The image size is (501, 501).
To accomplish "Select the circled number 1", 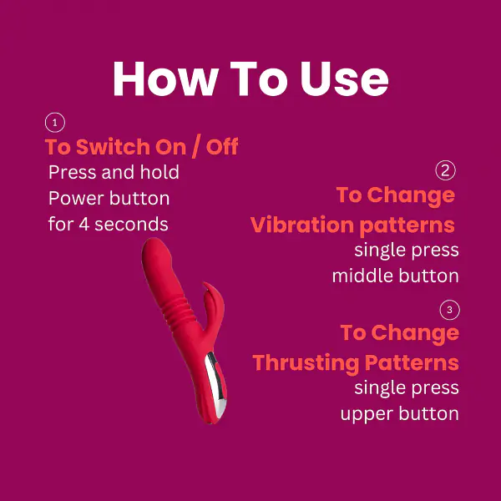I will pyautogui.click(x=54, y=124).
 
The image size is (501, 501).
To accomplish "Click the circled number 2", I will pyautogui.click(x=446, y=171).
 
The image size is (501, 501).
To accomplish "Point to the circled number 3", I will pyautogui.click(x=449, y=311).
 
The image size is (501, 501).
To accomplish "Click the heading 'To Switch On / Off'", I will pyautogui.click(x=141, y=148).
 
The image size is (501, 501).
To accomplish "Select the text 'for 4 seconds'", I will pyautogui.click(x=108, y=224).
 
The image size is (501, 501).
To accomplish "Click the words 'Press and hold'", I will pyautogui.click(x=114, y=173).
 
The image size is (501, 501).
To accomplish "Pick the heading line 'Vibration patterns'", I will pyautogui.click(x=352, y=225).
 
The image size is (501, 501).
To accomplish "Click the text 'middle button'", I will pyautogui.click(x=395, y=276).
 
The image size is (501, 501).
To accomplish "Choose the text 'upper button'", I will pyautogui.click(x=399, y=413).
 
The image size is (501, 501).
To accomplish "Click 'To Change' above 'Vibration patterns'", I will pyautogui.click(x=395, y=195).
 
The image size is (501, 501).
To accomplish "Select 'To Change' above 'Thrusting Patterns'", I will pyautogui.click(x=399, y=332).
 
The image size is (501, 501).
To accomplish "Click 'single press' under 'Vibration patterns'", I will pyautogui.click(x=406, y=250).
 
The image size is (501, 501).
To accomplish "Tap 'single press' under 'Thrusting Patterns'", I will pyautogui.click(x=406, y=387).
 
